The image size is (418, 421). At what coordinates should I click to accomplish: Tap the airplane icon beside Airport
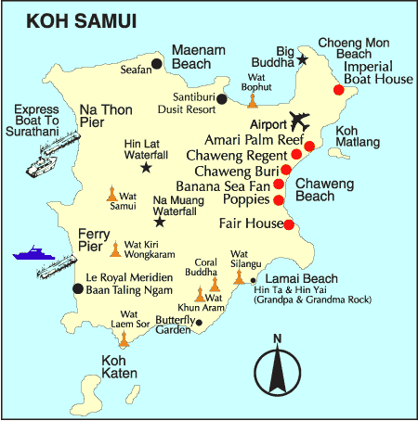click(300, 121)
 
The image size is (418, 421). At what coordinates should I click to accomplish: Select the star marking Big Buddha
click(303, 59)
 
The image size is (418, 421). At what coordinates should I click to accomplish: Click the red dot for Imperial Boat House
click(339, 90)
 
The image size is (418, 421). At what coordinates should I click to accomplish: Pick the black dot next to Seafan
click(157, 63)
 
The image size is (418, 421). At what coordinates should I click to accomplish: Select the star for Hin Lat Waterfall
click(146, 168)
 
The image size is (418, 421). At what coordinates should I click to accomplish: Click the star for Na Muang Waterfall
click(160, 222)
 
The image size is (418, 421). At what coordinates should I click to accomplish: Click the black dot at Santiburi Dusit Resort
click(221, 97)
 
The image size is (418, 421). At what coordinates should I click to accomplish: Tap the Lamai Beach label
click(294, 278)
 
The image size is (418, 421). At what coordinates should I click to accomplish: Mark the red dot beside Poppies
click(279, 199)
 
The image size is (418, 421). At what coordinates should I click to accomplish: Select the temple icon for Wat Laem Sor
click(124, 339)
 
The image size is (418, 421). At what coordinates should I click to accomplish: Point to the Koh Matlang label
click(358, 137)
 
